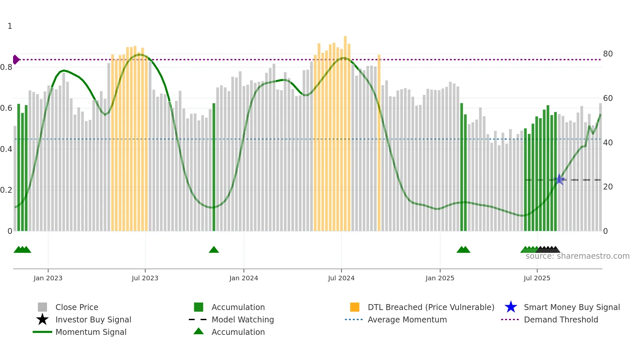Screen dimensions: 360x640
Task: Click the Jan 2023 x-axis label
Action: [48, 278]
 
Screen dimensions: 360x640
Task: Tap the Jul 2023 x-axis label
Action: [145, 278]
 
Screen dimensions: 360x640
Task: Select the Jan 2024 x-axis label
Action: [244, 278]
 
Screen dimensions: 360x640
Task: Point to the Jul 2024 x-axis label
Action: [341, 278]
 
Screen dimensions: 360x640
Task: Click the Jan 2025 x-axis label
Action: [440, 278]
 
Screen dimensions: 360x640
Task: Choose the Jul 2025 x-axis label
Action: [537, 278]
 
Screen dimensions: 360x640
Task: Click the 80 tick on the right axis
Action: [608, 54]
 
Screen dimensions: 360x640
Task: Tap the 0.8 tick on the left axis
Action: [6, 67]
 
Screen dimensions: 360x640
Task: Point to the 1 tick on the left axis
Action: [10, 26]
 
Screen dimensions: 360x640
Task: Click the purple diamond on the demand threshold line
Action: [16, 59]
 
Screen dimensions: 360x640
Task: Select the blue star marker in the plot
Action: [559, 179]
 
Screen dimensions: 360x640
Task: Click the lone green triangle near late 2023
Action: [214, 250]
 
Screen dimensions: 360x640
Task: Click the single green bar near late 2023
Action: [214, 167]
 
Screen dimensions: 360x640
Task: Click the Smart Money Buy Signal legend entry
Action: [571, 307]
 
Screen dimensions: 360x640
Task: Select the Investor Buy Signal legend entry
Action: [93, 319]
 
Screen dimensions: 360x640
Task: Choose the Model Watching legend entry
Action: [242, 319]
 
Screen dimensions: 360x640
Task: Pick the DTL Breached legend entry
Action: [431, 307]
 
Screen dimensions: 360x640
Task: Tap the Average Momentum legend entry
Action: [407, 319]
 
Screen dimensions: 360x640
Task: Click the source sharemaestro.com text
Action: [577, 256]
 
